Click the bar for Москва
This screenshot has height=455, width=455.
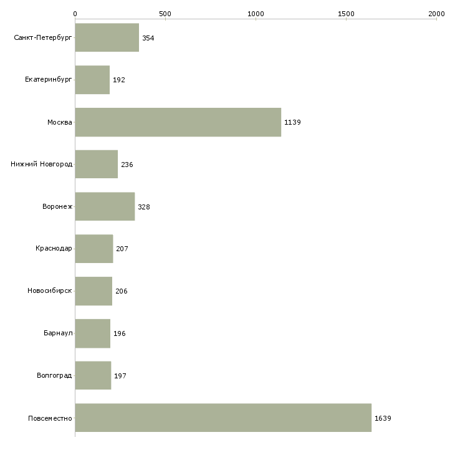click(178, 122)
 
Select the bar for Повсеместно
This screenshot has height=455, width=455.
click(223, 418)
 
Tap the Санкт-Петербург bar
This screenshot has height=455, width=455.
click(107, 37)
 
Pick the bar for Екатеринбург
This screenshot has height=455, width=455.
click(93, 80)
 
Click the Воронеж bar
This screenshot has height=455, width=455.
click(105, 206)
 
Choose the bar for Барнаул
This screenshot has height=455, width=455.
click(93, 333)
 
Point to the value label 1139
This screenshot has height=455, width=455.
click(292, 122)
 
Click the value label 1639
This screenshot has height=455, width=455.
click(383, 418)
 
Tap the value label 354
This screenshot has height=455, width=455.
click(148, 38)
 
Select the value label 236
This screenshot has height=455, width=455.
click(127, 165)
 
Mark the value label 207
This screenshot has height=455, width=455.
click(122, 249)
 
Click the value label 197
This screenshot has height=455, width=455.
click(120, 376)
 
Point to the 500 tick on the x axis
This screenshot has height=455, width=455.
click(165, 14)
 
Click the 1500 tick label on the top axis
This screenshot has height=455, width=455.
click(346, 14)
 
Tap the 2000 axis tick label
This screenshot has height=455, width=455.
click(436, 14)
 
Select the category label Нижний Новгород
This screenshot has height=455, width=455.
click(42, 165)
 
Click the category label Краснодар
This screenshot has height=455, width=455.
click(54, 249)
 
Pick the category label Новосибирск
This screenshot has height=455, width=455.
click(50, 290)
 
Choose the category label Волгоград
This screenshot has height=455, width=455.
click(54, 375)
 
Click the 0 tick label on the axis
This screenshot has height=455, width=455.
click(75, 14)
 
